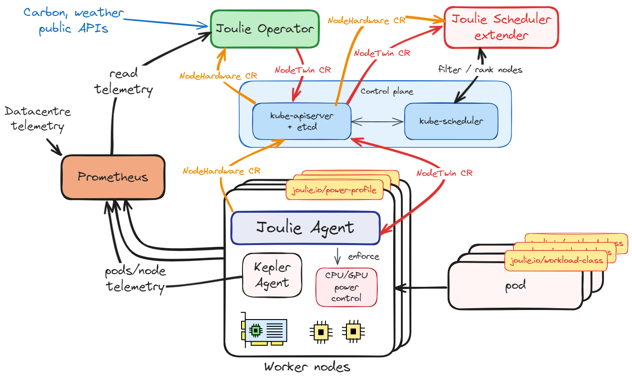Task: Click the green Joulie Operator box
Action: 265,29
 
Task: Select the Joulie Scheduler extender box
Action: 501,27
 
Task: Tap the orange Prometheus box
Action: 113,177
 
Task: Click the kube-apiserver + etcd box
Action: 301,121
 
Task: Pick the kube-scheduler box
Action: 451,121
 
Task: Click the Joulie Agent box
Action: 305,227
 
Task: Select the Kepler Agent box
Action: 272,275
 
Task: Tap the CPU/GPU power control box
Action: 346,287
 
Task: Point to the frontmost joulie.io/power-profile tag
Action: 334,190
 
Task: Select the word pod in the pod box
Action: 515,286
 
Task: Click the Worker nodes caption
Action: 307,367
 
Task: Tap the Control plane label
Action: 387,91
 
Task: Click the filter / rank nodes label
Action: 480,70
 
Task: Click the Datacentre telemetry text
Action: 38,118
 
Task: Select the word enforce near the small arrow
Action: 363,256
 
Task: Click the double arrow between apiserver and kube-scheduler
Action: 377,121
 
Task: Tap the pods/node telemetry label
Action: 135,279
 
